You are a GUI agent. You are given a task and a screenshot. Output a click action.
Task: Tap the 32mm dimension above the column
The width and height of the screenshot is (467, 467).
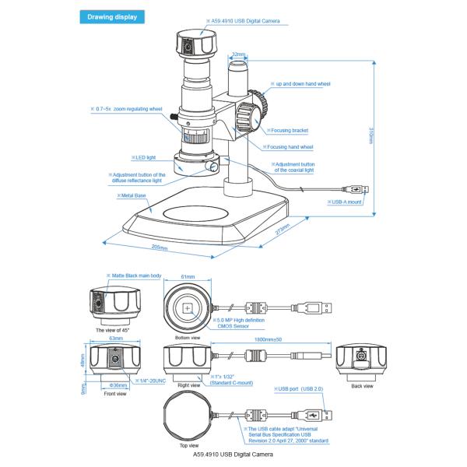click(x=239, y=55)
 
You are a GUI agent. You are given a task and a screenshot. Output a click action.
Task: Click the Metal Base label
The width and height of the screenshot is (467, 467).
click(x=132, y=195)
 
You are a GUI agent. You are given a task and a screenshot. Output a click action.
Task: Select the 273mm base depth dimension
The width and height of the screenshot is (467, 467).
click(x=281, y=229)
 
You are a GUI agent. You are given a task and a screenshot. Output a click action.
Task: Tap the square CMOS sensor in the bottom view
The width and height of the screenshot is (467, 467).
click(x=188, y=308)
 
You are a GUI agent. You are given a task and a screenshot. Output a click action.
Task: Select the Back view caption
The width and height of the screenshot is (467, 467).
click(x=363, y=384)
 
